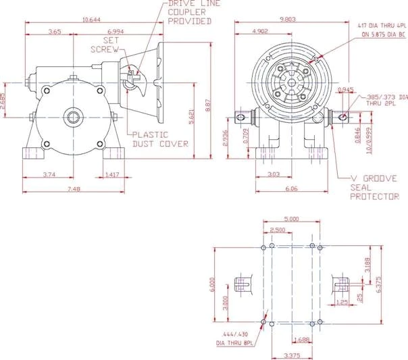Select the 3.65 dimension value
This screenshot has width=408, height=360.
55,32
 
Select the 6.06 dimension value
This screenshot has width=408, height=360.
292,189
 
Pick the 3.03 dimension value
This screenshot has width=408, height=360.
274,174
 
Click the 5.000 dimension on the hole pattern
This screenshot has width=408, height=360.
292,218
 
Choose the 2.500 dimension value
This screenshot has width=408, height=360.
278,230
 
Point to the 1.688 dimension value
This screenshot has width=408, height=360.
303,340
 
